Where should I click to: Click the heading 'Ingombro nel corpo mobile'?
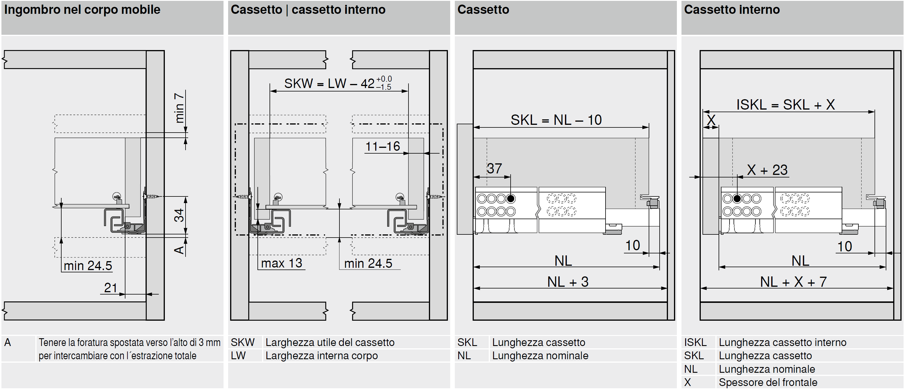(x=82, y=10)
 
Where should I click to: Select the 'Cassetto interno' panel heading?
(x=732, y=10)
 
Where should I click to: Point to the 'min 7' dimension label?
(x=180, y=108)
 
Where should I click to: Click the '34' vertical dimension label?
(x=179, y=215)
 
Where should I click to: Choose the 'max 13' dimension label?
(x=281, y=263)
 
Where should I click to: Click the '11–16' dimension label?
(x=383, y=146)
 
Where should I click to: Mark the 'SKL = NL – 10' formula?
(x=556, y=120)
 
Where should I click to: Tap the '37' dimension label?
(x=494, y=169)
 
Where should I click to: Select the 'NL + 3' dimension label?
(x=568, y=282)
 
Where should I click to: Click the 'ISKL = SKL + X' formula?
(x=786, y=105)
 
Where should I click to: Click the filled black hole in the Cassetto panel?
(x=511, y=198)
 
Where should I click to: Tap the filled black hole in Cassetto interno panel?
(x=737, y=198)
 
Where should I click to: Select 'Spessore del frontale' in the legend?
(x=768, y=382)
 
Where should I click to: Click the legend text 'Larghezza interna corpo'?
(x=321, y=355)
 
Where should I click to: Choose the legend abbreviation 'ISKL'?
(x=695, y=342)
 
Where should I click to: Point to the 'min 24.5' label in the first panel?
(x=88, y=266)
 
